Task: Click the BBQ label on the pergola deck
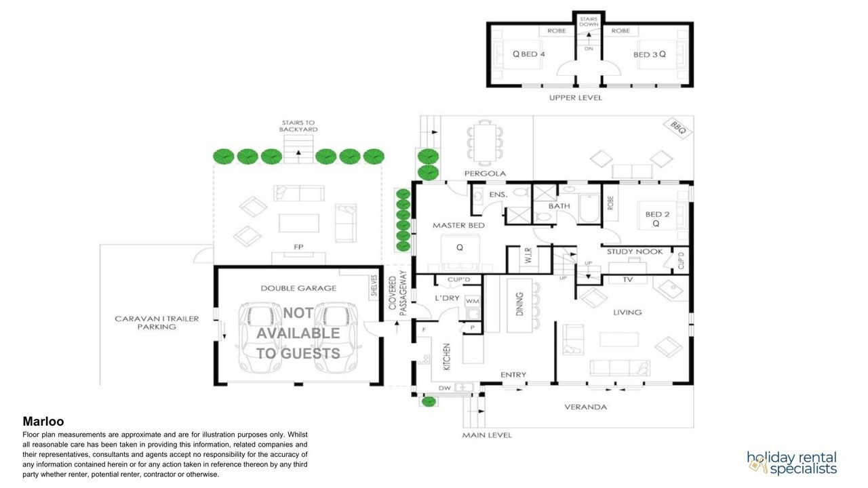678,127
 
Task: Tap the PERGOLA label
485,174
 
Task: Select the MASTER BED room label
458,226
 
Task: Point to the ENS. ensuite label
498,195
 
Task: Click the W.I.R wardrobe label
528,256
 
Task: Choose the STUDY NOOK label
635,251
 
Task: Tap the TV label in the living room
628,279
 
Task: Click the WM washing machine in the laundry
473,301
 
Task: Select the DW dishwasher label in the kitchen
444,388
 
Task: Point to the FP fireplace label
298,247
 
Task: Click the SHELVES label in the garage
374,285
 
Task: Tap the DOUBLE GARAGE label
298,288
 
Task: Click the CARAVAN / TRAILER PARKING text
157,323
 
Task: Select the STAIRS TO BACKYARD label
298,126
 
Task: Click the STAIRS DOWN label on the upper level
589,22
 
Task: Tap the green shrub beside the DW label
428,402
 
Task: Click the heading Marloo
43,421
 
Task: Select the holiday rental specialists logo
791,463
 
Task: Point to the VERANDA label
585,407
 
